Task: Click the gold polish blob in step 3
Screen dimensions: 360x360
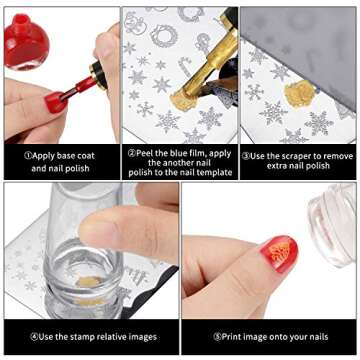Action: (299, 96)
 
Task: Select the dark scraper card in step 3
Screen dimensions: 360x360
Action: (300, 40)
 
